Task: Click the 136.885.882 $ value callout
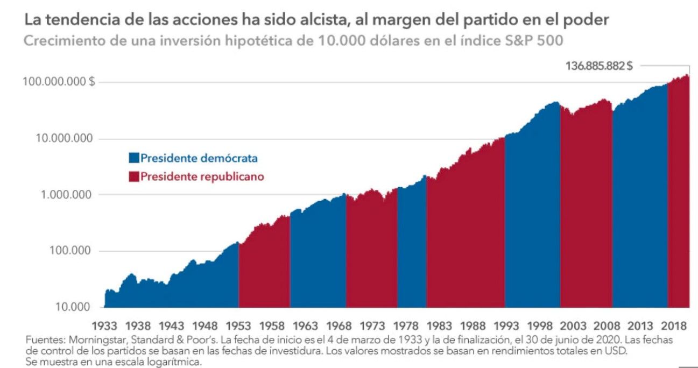[598, 66]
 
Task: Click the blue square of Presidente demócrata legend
[133, 158]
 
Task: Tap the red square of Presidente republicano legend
[133, 176]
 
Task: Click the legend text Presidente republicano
[202, 176]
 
